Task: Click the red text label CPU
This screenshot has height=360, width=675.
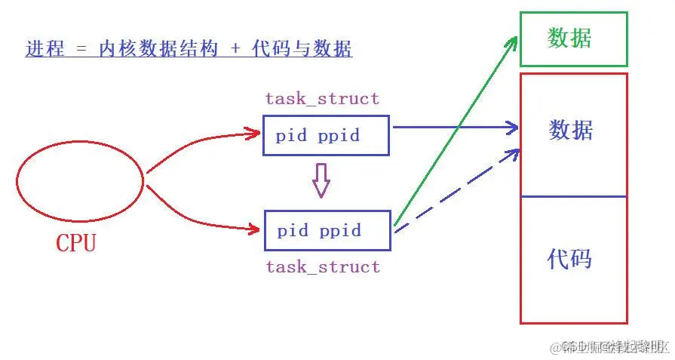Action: tap(76, 243)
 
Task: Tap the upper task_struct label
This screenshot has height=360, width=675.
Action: tap(322, 98)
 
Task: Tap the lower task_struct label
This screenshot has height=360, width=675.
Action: tap(323, 266)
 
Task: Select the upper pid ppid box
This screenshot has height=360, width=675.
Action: tap(326, 136)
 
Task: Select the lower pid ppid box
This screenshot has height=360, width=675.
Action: tap(327, 230)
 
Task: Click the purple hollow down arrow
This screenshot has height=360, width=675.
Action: tap(322, 181)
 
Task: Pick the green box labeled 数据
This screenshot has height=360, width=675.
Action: tap(573, 38)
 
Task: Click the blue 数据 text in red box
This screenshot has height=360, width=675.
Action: tap(571, 130)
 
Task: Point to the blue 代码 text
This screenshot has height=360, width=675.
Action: tap(569, 259)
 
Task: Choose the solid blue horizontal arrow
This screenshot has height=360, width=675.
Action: tap(453, 128)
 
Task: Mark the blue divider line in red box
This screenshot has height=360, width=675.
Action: tap(573, 197)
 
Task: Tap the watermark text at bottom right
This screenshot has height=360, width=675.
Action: tap(609, 346)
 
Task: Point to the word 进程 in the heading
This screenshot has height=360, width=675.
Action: tap(42, 50)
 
